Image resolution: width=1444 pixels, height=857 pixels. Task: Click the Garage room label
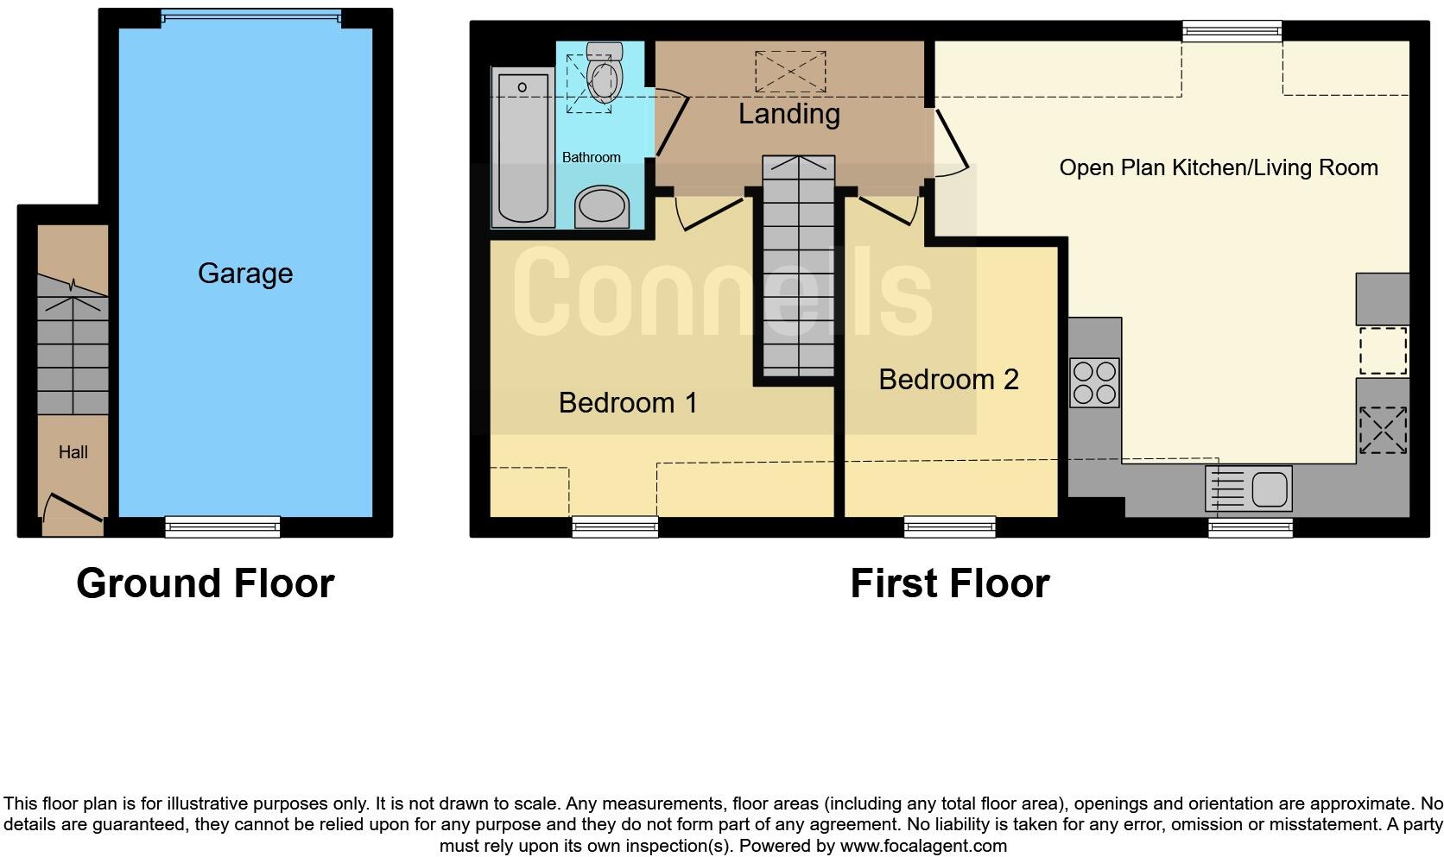pyautogui.click(x=245, y=274)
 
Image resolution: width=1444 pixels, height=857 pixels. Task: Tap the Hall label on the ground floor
pyautogui.click(x=73, y=452)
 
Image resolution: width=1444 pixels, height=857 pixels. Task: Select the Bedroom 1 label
pyautogui.click(x=628, y=402)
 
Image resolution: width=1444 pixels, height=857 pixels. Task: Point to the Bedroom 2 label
pyautogui.click(x=948, y=379)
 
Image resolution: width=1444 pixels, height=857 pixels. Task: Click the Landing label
pyautogui.click(x=789, y=114)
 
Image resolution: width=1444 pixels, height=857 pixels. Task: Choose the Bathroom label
pyautogui.click(x=591, y=157)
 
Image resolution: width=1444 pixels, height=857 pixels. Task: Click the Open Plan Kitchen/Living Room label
pyautogui.click(x=1218, y=167)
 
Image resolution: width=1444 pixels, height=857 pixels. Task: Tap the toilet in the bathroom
pyautogui.click(x=604, y=72)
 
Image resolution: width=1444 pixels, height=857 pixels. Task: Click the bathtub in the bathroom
pyautogui.click(x=522, y=148)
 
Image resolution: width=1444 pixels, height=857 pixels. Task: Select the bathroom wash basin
pyautogui.click(x=602, y=206)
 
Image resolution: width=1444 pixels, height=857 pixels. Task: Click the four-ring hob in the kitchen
pyautogui.click(x=1094, y=382)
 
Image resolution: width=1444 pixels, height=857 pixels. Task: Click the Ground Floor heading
pyautogui.click(x=206, y=583)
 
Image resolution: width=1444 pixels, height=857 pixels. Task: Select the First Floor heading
pyautogui.click(x=949, y=583)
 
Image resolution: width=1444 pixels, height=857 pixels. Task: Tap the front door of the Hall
pyautogui.click(x=73, y=509)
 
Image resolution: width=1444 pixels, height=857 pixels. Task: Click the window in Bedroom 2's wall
pyautogui.click(x=950, y=526)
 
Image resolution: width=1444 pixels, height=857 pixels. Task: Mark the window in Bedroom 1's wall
pyautogui.click(x=615, y=526)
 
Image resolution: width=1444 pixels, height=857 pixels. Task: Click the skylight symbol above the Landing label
pyautogui.click(x=790, y=71)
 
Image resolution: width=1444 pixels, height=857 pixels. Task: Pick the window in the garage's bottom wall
pyautogui.click(x=223, y=526)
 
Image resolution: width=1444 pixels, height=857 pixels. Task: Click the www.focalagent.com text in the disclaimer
pyautogui.click(x=923, y=846)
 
